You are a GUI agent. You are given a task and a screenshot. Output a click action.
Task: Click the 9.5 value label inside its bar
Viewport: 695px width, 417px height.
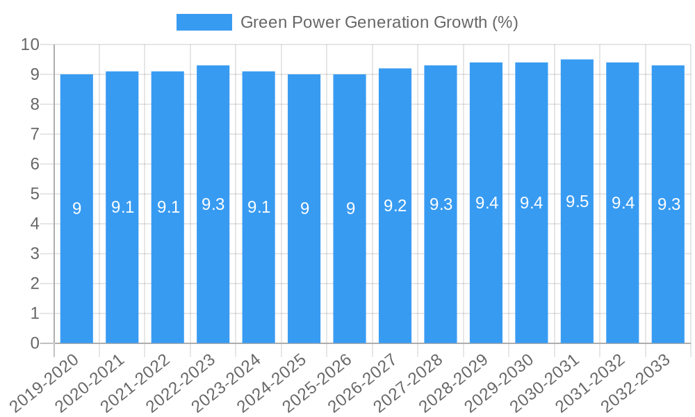577,202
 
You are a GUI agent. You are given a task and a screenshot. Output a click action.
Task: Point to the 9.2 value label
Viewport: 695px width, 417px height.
395,206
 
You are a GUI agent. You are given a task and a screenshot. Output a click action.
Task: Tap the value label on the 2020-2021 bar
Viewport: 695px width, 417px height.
122,207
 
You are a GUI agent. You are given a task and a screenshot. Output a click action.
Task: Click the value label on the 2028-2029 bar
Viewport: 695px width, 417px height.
486,203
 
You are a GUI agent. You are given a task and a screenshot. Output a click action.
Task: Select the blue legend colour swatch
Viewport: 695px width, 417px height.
204,22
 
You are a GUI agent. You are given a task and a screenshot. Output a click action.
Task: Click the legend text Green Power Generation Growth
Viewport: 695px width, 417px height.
379,22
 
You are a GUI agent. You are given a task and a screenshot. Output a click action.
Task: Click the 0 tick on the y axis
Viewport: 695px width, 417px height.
35,343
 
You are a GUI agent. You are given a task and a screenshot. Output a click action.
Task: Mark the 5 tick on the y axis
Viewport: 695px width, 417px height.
35,194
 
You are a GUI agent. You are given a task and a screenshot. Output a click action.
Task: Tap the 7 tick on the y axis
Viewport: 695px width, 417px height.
35,134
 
